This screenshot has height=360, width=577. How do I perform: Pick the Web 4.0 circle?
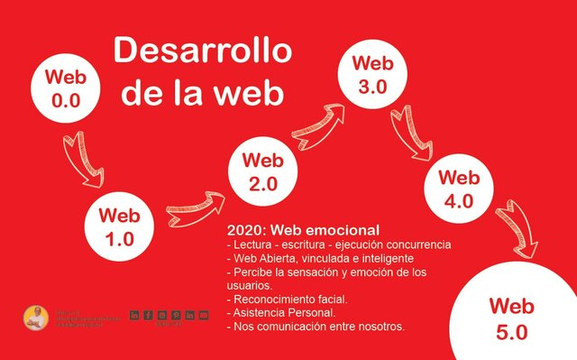point(458,190)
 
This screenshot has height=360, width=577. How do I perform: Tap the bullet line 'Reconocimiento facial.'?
point(289,299)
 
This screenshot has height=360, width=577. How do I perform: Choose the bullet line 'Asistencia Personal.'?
point(283,312)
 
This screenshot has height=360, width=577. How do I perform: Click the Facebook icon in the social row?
point(148,315)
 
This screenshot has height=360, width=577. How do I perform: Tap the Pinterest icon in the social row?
point(176,315)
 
